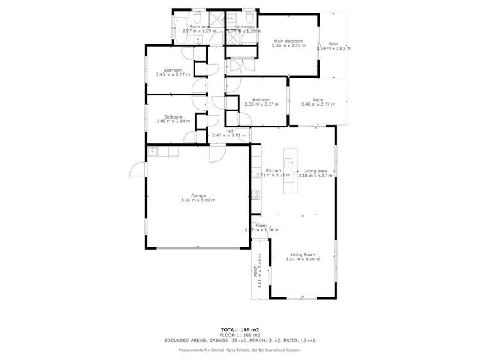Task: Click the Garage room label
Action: coord(198,195)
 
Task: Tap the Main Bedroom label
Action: coord(288,41)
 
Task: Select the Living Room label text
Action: coord(302,254)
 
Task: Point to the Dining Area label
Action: coord(315,171)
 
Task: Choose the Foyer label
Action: coord(261,225)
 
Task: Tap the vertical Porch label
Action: coord(255,271)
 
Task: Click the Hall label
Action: coord(229,131)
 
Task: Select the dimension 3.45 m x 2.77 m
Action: coord(172,75)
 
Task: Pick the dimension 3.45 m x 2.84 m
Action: coord(173,121)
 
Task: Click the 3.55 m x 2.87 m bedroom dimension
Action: coord(261,104)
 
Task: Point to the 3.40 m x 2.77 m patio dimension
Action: coord(318,104)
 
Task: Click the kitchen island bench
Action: coord(288,170)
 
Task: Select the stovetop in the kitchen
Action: coord(256,194)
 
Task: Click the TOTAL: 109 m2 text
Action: coord(240,330)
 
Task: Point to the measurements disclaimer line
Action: coord(240,350)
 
